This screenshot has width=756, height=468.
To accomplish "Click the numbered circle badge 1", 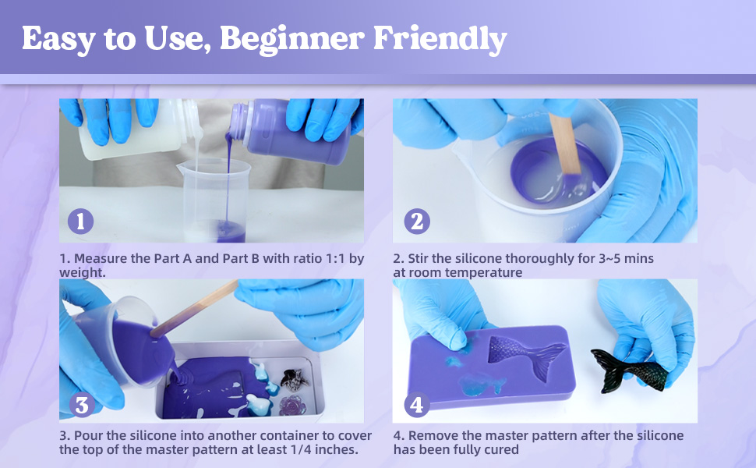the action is tap(80, 222).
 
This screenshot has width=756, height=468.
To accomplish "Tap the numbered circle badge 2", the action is tap(417, 222).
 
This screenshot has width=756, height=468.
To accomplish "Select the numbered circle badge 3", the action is tap(82, 405).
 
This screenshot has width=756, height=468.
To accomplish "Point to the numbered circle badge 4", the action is tap(416, 405).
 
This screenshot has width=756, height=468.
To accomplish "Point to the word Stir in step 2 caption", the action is tap(419, 259).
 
